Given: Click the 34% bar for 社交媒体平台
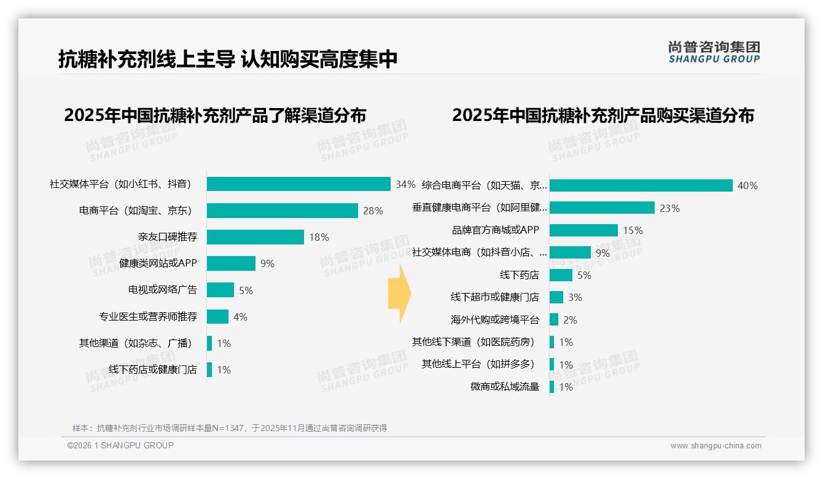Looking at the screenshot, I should click(x=298, y=184).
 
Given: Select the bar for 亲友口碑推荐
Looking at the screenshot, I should click(x=255, y=237).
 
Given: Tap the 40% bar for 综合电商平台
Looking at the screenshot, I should click(x=641, y=185).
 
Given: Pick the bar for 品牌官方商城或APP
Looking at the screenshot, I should click(x=583, y=230).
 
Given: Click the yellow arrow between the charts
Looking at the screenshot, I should click(x=399, y=294).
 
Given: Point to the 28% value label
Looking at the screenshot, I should click(x=373, y=211).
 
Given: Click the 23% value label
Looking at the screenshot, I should click(x=669, y=208).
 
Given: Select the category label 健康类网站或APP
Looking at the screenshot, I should click(x=158, y=263).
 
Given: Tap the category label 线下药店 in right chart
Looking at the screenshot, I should click(x=519, y=275).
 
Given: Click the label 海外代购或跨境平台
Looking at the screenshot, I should click(x=494, y=320).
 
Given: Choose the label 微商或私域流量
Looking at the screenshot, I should click(x=504, y=387).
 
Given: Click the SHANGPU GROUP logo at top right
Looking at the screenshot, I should click(x=714, y=52).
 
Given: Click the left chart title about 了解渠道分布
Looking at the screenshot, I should click(x=215, y=115).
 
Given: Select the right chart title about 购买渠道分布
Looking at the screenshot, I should click(x=603, y=115).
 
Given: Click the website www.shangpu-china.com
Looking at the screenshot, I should click(x=716, y=446).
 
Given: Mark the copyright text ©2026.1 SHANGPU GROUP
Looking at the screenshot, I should click(x=120, y=445).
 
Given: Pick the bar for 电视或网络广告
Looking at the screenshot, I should click(x=220, y=290).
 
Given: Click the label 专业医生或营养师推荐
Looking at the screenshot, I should click(x=147, y=317).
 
